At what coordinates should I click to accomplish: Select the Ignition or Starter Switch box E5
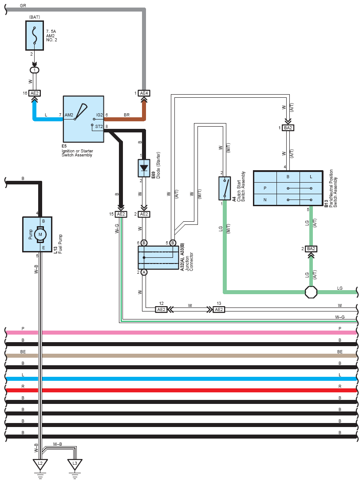pyautogui.click(x=83, y=119)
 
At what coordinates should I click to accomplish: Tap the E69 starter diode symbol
pyautogui.click(x=144, y=168)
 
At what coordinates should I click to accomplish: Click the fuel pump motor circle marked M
pyautogui.click(x=40, y=234)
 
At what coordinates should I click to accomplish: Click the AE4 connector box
pyautogui.click(x=144, y=93)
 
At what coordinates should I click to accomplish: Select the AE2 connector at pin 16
pyautogui.click(x=35, y=93)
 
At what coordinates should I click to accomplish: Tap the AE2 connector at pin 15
pyautogui.click(x=120, y=214)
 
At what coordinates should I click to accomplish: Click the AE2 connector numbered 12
pyautogui.click(x=161, y=309)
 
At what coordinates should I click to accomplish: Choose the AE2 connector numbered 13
pyautogui.click(x=219, y=309)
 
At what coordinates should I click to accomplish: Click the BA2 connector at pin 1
pyautogui.click(x=288, y=128)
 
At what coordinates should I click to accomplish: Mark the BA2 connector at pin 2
pyautogui.click(x=311, y=249)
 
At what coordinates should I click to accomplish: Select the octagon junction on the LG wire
pyautogui.click(x=311, y=292)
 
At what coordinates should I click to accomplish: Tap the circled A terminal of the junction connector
pyautogui.click(x=144, y=272)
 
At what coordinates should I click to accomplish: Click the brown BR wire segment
pyautogui.click(x=124, y=119)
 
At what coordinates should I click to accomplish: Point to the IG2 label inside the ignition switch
pyautogui.click(x=99, y=115)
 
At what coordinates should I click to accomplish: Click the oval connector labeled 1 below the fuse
pyautogui.click(x=35, y=70)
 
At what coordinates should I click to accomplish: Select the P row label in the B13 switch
pyautogui.click(x=265, y=188)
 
